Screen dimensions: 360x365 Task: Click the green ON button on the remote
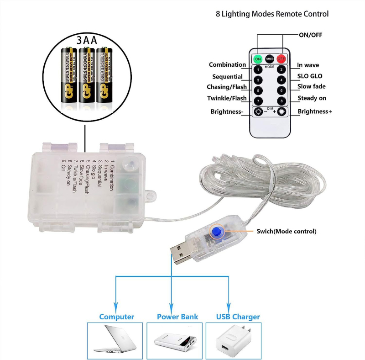coord(258,59)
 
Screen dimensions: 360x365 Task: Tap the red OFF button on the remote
coord(281,59)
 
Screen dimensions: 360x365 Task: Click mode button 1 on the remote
coord(258,70)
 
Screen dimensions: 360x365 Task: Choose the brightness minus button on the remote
coord(259,112)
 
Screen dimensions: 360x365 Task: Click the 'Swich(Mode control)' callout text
coord(286,231)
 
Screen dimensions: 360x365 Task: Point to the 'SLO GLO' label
coord(310,76)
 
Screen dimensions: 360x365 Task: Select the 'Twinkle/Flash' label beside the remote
coord(227,98)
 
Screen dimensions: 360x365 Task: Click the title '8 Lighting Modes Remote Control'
coord(272,14)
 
